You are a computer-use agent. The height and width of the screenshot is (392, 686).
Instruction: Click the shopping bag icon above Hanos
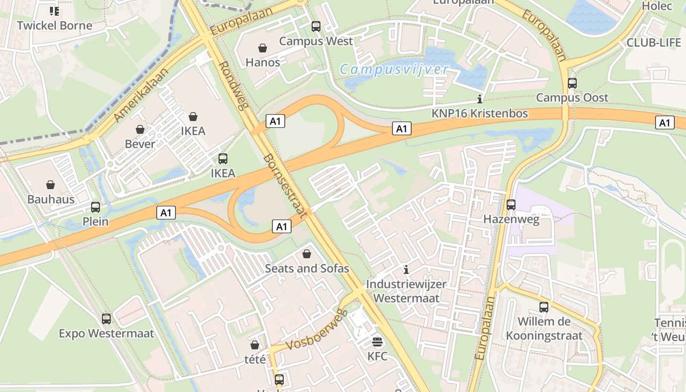click(x=263, y=48)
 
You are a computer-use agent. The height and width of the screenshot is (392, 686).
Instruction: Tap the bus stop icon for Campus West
click(x=316, y=26)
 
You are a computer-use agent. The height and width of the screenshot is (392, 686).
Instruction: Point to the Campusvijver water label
click(x=394, y=69)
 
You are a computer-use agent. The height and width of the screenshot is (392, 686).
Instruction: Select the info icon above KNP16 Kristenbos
click(x=479, y=98)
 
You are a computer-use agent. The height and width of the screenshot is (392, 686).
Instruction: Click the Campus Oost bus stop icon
click(x=572, y=83)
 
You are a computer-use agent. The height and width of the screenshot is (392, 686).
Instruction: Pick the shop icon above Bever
click(x=140, y=129)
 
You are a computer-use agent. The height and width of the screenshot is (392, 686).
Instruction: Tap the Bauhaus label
click(x=51, y=199)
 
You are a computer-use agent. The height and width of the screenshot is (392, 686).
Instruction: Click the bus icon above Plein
click(x=96, y=207)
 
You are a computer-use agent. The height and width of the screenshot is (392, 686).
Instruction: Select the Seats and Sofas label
click(x=307, y=268)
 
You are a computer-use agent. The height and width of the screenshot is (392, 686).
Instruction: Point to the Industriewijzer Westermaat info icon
click(x=406, y=269)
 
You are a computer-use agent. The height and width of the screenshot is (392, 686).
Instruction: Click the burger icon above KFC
click(x=377, y=342)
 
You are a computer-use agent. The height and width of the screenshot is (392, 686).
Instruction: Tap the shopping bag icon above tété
click(x=255, y=345)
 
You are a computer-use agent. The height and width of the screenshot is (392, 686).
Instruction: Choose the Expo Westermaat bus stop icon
click(x=106, y=319)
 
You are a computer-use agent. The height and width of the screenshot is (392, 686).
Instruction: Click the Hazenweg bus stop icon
click(x=511, y=204)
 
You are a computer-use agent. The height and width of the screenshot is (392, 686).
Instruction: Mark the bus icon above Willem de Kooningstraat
click(x=544, y=307)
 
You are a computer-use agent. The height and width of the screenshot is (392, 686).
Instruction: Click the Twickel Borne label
click(x=54, y=25)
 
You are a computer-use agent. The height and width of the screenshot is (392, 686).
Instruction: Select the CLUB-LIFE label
click(x=654, y=43)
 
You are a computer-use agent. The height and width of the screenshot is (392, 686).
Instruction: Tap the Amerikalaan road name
click(x=141, y=95)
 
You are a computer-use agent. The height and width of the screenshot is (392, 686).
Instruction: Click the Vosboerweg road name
click(x=316, y=331)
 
